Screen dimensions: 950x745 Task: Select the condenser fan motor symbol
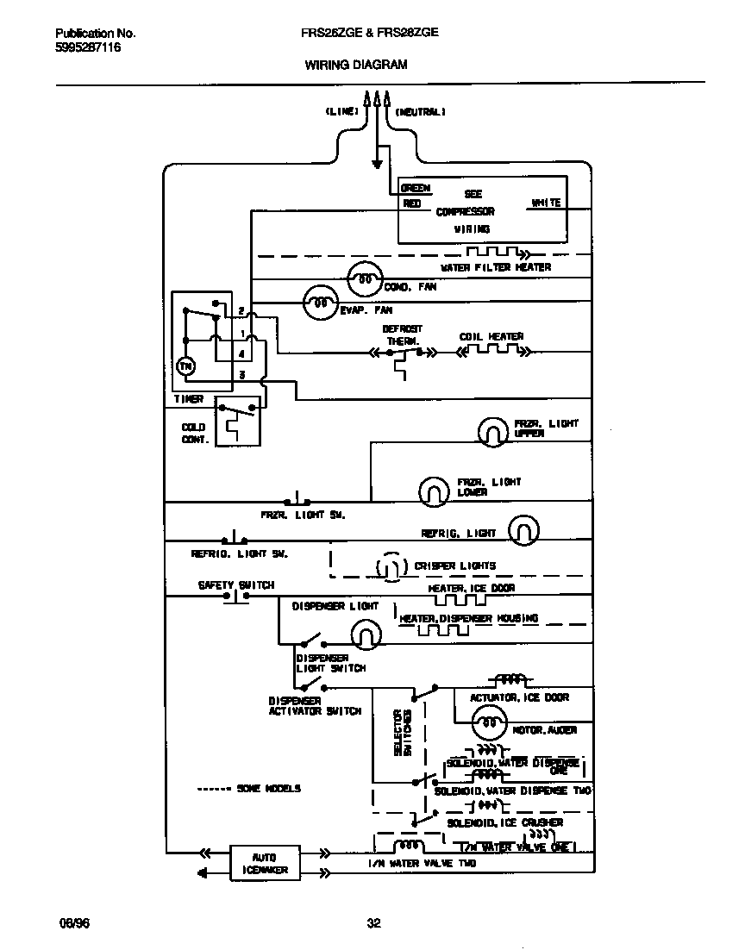point(365,278)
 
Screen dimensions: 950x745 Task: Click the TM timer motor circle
point(185,366)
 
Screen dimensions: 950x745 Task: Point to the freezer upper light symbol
point(493,430)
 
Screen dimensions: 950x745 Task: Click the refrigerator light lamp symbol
point(523,531)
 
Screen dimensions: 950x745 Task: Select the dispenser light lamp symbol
point(365,636)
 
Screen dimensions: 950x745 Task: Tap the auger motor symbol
point(491,722)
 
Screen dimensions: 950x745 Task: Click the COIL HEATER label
point(491,336)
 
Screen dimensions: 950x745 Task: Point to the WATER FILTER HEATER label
point(495,267)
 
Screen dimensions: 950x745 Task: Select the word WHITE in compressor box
point(546,203)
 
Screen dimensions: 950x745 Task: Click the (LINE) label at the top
point(341,112)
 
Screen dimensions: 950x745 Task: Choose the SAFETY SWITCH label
point(236,584)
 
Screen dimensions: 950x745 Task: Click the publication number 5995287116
point(89,48)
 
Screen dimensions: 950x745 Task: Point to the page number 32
point(373,923)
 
